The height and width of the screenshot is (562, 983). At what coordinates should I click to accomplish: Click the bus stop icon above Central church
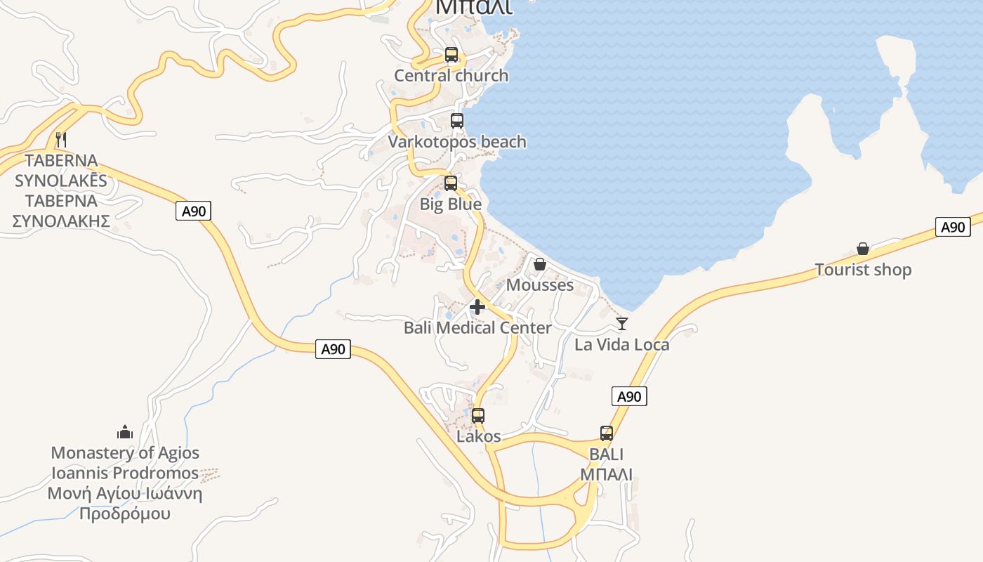tap(451, 55)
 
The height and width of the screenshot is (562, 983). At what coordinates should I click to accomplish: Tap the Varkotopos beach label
tap(457, 142)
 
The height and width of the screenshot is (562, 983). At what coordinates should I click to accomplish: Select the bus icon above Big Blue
tap(451, 183)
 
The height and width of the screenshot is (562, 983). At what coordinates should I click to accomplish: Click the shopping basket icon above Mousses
tap(540, 264)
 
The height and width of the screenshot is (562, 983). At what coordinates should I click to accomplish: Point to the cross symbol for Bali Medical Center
tap(477, 307)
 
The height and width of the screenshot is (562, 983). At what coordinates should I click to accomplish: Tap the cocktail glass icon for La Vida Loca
tap(621, 324)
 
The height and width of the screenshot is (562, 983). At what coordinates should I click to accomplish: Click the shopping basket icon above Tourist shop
tap(863, 249)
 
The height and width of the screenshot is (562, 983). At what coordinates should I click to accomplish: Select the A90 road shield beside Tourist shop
tap(953, 227)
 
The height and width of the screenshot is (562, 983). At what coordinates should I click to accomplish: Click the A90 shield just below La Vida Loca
tap(629, 396)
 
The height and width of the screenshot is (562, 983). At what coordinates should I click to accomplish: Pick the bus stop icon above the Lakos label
tap(478, 415)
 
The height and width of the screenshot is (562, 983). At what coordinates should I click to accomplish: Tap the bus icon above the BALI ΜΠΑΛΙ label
tap(607, 433)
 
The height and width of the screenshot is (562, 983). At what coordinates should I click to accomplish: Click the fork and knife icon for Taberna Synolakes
tap(61, 139)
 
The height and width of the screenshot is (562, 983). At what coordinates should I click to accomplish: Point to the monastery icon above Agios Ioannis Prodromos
tap(125, 431)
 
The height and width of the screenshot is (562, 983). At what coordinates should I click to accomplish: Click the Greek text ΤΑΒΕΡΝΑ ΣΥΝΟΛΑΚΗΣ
tap(61, 211)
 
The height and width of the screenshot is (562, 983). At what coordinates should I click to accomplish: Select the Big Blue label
tap(451, 204)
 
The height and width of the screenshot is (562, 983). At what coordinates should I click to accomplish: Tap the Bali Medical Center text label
tap(477, 328)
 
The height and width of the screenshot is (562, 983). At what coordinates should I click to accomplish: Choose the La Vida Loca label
tap(621, 345)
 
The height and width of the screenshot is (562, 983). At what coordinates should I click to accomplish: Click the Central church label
tap(451, 76)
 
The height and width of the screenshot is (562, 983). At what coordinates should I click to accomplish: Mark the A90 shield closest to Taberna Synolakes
tap(194, 211)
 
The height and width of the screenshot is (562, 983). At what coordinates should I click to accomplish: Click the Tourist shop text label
tap(863, 270)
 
